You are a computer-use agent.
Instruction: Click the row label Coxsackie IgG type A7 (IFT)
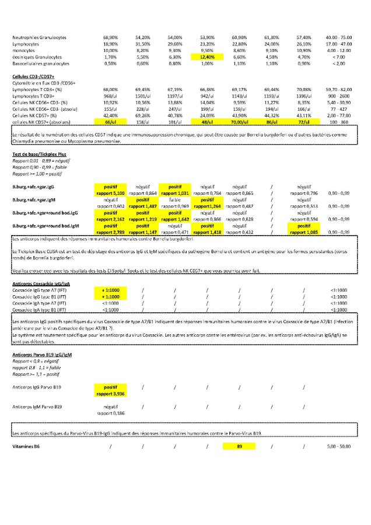39,290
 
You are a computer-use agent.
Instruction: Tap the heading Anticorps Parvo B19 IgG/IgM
42,354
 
